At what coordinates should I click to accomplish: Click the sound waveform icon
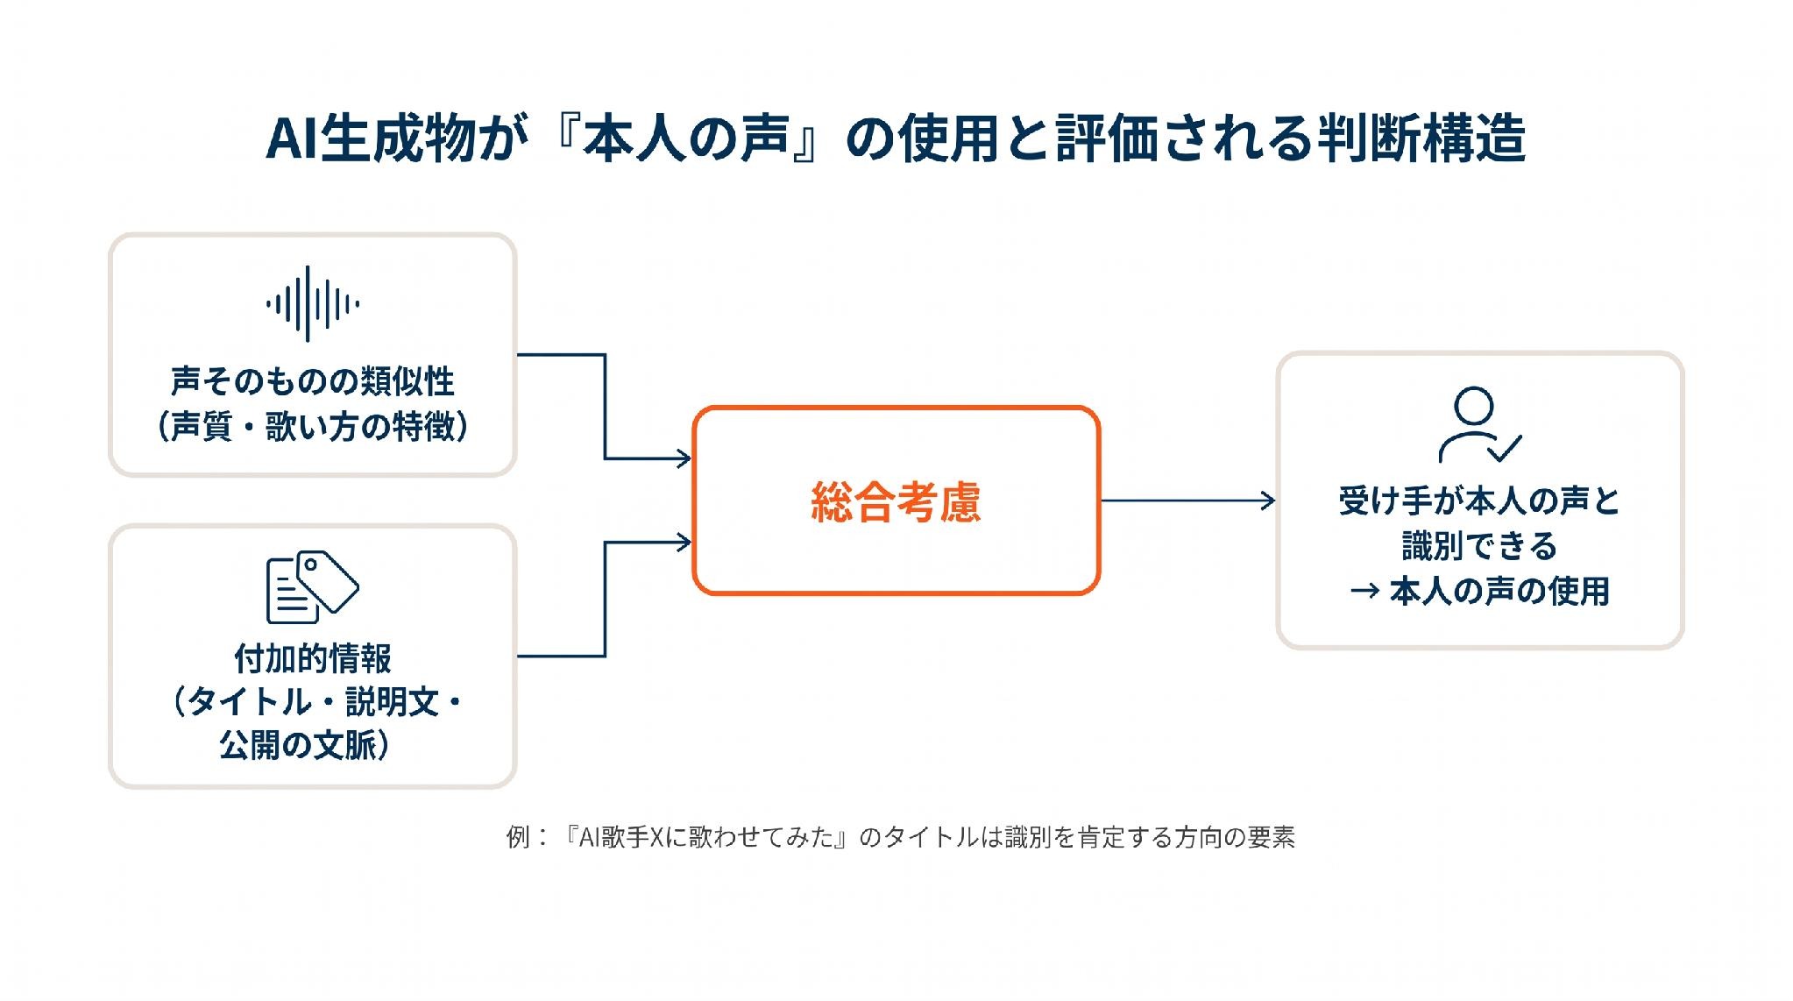click(x=313, y=304)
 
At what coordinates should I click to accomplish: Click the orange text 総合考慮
click(x=896, y=502)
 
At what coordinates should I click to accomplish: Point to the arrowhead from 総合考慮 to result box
click(x=1268, y=500)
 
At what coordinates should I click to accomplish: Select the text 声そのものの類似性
click(x=313, y=381)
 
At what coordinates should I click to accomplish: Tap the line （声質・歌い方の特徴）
click(x=313, y=427)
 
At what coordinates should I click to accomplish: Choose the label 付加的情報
click(x=313, y=657)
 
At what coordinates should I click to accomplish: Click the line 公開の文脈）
click(x=305, y=746)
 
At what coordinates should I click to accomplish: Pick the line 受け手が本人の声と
click(x=1480, y=500)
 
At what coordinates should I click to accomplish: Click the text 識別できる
click(x=1480, y=546)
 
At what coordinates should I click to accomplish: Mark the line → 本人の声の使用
click(x=1480, y=592)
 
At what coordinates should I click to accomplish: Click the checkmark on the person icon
click(x=1504, y=448)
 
